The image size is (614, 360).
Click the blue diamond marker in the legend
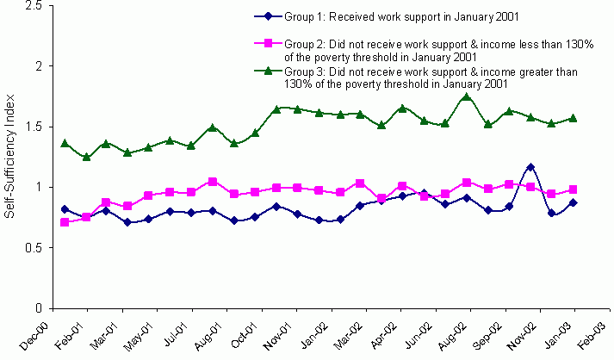[270, 16]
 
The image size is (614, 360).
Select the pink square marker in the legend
[270, 43]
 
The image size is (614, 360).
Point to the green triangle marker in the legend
[270, 71]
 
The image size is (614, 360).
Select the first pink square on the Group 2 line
[65, 222]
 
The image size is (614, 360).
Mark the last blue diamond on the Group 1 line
[574, 202]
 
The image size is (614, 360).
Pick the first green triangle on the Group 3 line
[65, 143]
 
